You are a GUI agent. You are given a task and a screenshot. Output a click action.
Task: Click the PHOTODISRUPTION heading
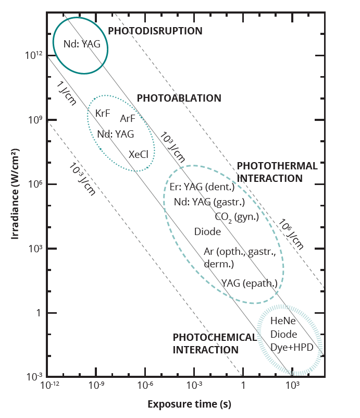tap(155, 31)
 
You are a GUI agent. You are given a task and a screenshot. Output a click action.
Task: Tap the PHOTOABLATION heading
tap(179, 98)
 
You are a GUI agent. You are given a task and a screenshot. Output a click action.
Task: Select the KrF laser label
tap(103, 113)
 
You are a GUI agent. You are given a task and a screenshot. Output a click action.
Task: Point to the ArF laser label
tap(128, 118)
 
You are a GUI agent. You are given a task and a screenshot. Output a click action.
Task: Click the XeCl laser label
tap(139, 154)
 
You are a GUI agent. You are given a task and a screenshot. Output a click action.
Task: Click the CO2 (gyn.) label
tap(237, 217)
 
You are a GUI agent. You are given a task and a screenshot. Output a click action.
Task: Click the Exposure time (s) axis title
tap(189, 404)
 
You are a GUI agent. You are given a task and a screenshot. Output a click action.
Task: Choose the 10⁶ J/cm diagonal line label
tap(290, 233)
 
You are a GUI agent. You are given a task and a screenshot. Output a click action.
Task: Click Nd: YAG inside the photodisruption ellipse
tap(82, 44)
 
